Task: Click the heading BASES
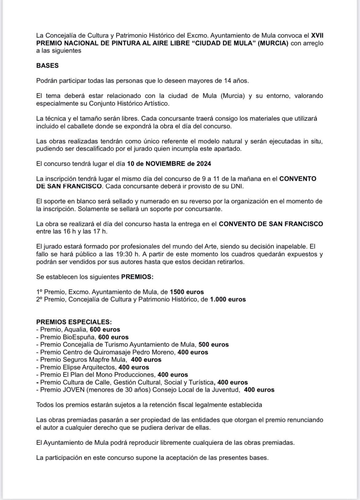pyautogui.click(x=47, y=65)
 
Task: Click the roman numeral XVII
pyautogui.click(x=317, y=35)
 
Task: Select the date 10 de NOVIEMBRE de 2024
pyautogui.click(x=169, y=164)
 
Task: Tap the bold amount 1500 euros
pyautogui.click(x=187, y=292)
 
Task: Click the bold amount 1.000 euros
pyautogui.click(x=228, y=299)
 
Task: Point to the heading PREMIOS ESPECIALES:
pyautogui.click(x=74, y=322)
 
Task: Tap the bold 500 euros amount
pyautogui.click(x=214, y=344)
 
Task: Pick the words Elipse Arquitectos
pyautogui.click(x=90, y=367)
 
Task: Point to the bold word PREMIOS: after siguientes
pyautogui.click(x=137, y=277)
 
